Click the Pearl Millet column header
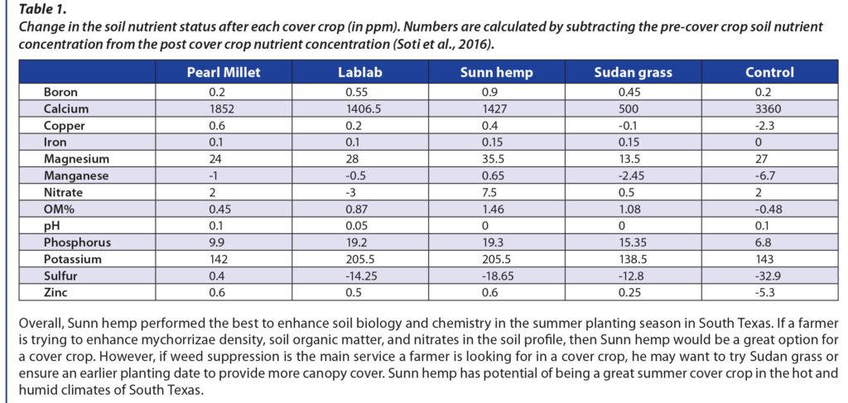tap(223, 72)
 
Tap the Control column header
tap(769, 72)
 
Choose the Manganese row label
tap(72, 175)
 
